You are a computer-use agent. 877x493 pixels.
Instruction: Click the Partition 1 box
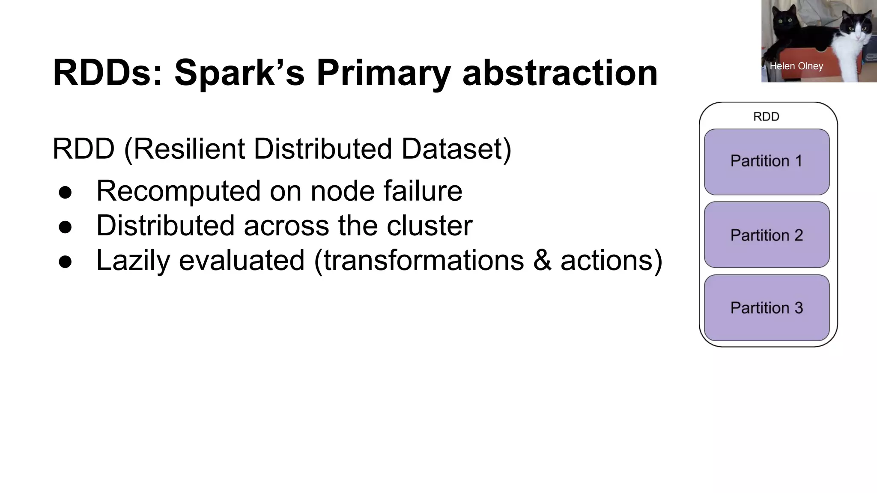click(x=767, y=162)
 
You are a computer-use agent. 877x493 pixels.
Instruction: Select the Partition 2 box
click(x=767, y=235)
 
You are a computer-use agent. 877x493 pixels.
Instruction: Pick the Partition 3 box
click(x=767, y=308)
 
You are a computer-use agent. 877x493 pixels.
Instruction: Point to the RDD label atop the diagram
click(x=766, y=116)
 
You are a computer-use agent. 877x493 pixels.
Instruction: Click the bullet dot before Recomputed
click(x=66, y=192)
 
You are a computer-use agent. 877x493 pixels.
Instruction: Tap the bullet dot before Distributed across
click(x=66, y=227)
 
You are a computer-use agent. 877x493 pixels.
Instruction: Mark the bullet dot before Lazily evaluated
click(x=66, y=261)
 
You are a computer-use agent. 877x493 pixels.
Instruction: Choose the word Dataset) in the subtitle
click(x=456, y=149)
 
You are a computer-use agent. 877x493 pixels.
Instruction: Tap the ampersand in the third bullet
click(x=542, y=260)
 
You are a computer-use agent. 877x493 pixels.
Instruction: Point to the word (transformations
click(x=419, y=260)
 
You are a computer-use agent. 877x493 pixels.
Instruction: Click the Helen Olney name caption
click(x=796, y=66)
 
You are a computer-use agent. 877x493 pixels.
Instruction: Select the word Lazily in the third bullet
click(x=133, y=260)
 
